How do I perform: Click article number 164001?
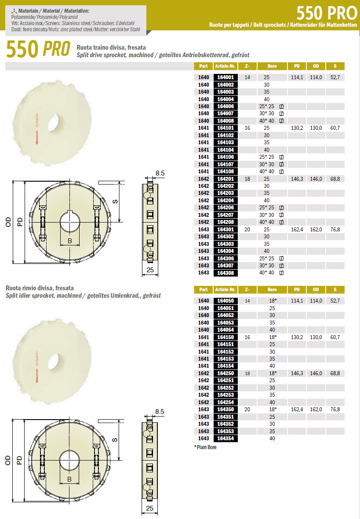pyautogui.click(x=225, y=77)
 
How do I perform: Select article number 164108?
pyautogui.click(x=225, y=172)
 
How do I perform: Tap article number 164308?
pyautogui.click(x=225, y=273)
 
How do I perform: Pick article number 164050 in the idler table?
pyautogui.click(x=225, y=301)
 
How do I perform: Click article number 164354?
pyautogui.click(x=225, y=439)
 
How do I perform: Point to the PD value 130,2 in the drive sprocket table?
pyautogui.click(x=297, y=128)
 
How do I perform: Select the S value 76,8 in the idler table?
pyautogui.click(x=335, y=409)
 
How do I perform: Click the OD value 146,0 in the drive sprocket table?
pyautogui.click(x=316, y=179)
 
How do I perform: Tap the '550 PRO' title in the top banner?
pyautogui.click(x=326, y=13)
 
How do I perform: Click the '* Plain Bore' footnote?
pyautogui.click(x=205, y=447)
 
